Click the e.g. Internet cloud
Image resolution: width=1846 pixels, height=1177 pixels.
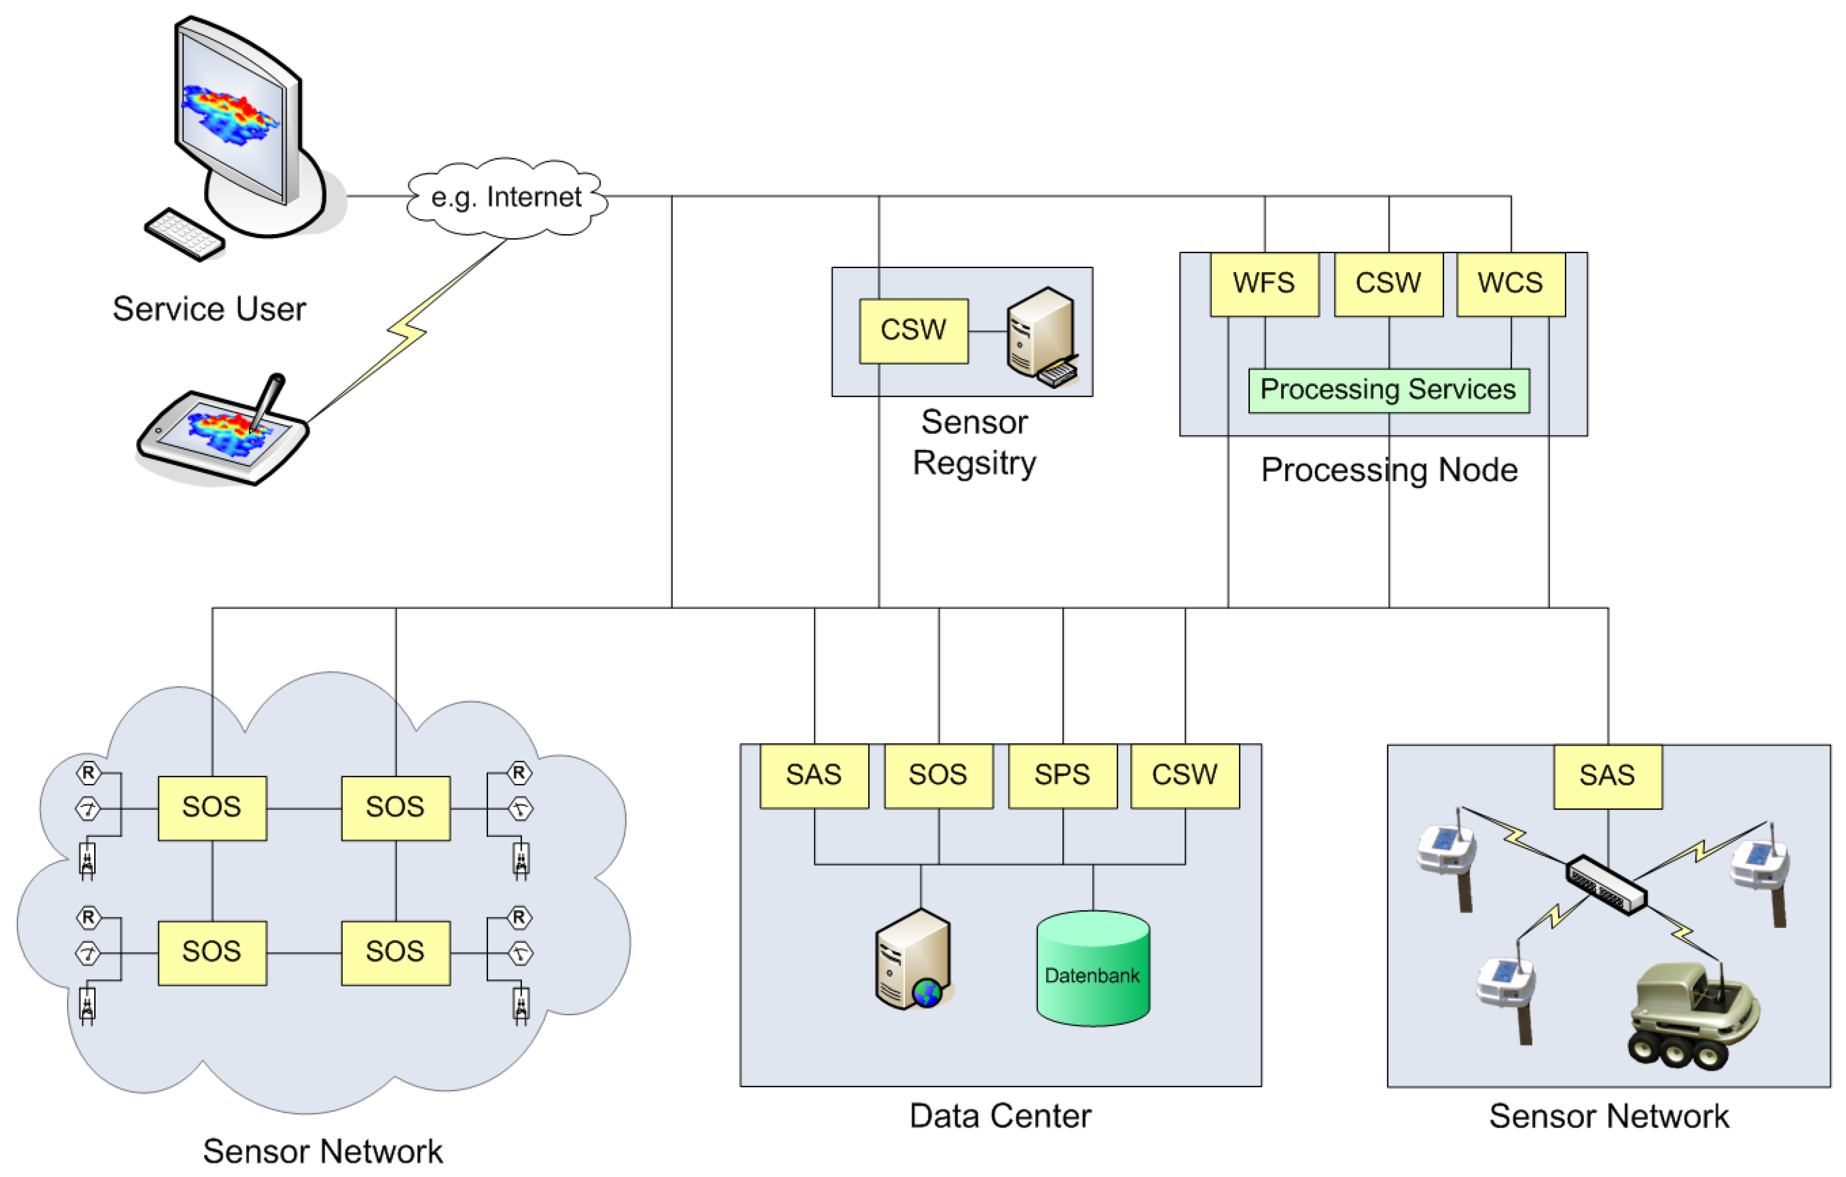[x=506, y=198]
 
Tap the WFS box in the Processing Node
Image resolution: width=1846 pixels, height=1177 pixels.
[x=1264, y=284]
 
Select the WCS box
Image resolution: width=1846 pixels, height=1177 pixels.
[x=1510, y=284]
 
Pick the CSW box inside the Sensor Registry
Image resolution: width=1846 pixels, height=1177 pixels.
[x=913, y=331]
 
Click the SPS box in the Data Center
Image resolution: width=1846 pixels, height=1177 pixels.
[x=1062, y=775]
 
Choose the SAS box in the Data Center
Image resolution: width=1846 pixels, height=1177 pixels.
[x=814, y=775]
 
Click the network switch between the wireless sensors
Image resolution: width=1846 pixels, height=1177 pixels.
[x=1605, y=885]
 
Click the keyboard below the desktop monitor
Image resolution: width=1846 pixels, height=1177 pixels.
[x=185, y=234]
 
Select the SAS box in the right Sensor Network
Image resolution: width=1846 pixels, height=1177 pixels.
[x=1608, y=776]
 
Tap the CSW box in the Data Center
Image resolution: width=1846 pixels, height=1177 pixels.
[x=1185, y=775]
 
